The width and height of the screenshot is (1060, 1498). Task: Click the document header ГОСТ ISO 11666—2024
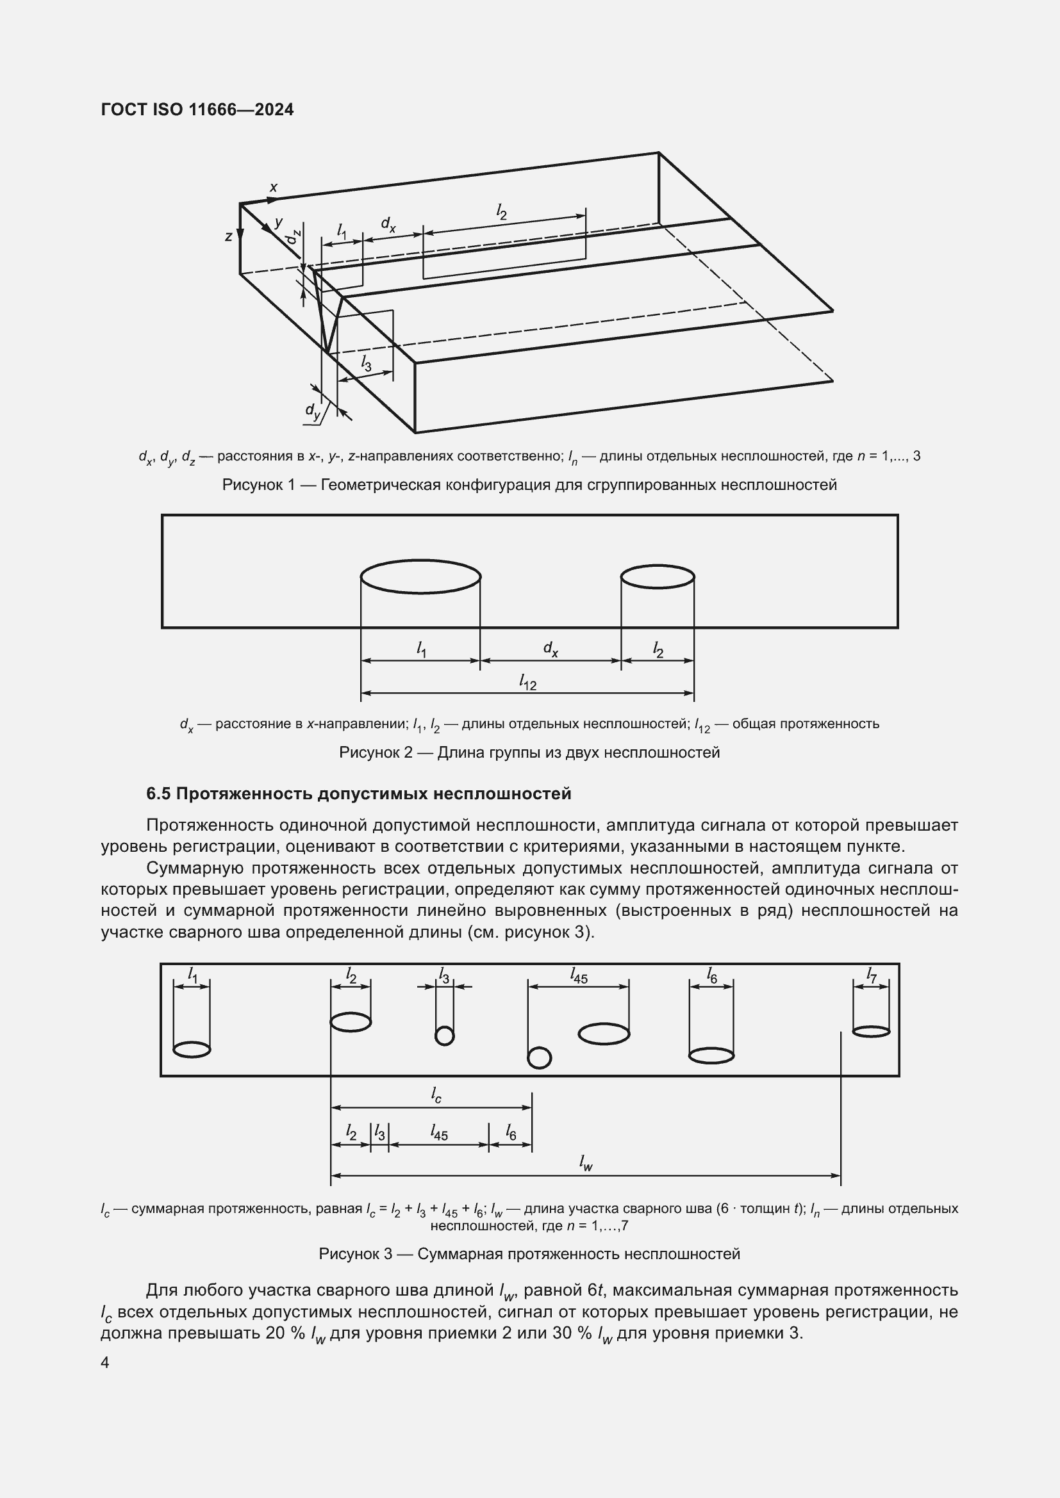197,110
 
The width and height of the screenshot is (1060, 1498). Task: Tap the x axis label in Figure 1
274,187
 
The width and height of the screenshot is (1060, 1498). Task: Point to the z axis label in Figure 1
228,237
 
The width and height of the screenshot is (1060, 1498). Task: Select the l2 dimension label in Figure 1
501,211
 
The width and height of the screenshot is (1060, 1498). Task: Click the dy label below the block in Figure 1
313,411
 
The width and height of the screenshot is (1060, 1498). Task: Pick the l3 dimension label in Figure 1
366,364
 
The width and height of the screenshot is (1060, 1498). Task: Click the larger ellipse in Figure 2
421,577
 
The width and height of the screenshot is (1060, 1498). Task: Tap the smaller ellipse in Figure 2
658,577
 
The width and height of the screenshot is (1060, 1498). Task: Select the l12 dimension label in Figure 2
527,682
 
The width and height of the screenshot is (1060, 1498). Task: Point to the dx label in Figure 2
551,649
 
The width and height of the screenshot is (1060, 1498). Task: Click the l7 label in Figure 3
872,975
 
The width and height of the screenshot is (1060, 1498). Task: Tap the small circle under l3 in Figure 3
445,1036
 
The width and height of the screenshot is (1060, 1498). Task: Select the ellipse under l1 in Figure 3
192,1049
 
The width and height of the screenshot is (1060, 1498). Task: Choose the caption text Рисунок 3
356,1254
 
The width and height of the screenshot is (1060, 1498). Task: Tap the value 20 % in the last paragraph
286,1332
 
